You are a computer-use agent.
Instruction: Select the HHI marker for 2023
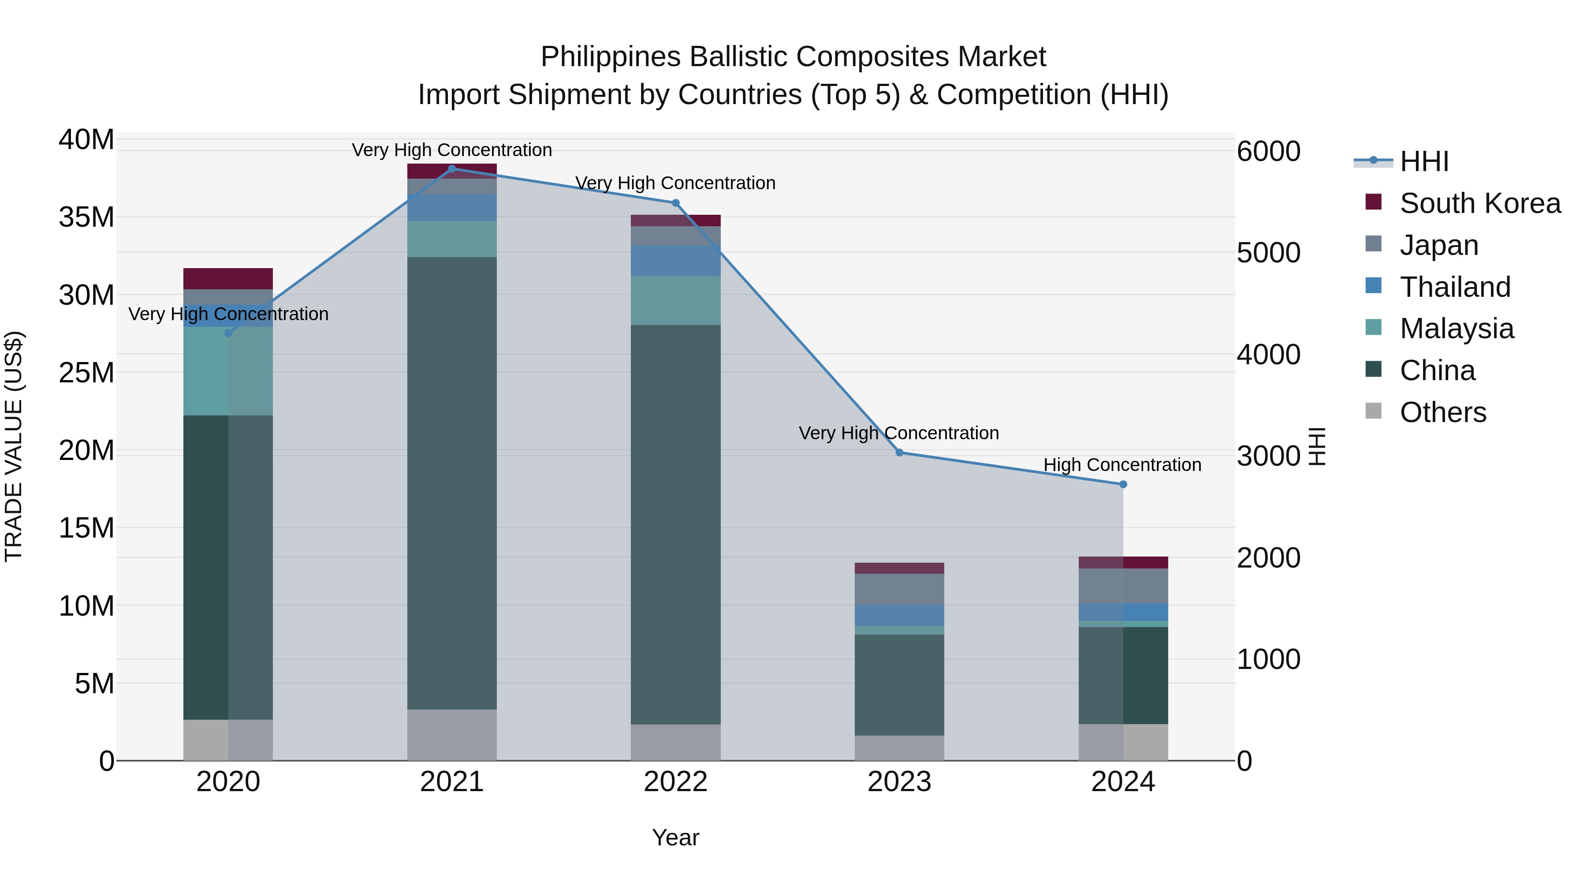coord(899,452)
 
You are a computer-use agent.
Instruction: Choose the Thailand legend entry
coord(1455,287)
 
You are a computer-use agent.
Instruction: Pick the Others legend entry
coord(1442,412)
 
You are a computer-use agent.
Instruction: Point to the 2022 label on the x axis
coord(675,782)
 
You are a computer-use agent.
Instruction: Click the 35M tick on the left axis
coord(86,217)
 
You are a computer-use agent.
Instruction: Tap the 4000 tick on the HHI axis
coord(1268,355)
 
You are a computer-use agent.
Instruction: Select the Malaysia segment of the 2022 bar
coord(675,300)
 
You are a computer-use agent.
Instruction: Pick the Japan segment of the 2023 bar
coord(899,589)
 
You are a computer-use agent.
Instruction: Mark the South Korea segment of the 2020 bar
coord(228,279)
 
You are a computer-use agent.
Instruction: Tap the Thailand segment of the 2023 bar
coord(899,615)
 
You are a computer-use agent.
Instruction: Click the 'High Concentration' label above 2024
coord(1122,465)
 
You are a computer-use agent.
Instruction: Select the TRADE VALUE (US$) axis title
coord(14,446)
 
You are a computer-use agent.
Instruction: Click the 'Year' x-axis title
coord(675,837)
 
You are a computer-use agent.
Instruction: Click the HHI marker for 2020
coord(228,333)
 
